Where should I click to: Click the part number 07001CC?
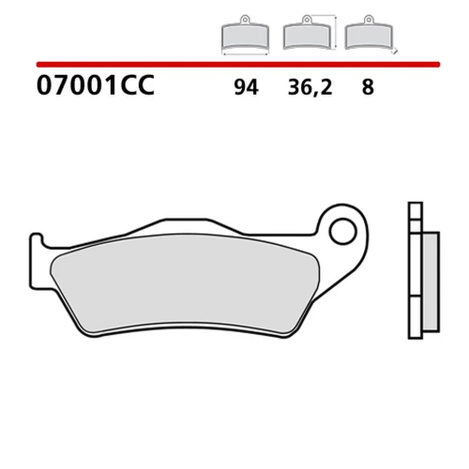pos(96,85)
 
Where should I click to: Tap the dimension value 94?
pos(247,87)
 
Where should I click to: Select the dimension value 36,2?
pos(310,87)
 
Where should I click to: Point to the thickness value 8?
pos(368,87)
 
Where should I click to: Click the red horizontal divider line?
pos(238,65)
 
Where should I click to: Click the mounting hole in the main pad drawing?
pos(343,232)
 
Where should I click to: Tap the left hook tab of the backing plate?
pos(37,261)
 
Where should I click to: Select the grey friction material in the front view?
pos(185,283)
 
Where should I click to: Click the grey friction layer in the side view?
pos(431,282)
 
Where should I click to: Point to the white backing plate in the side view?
pos(416,270)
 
